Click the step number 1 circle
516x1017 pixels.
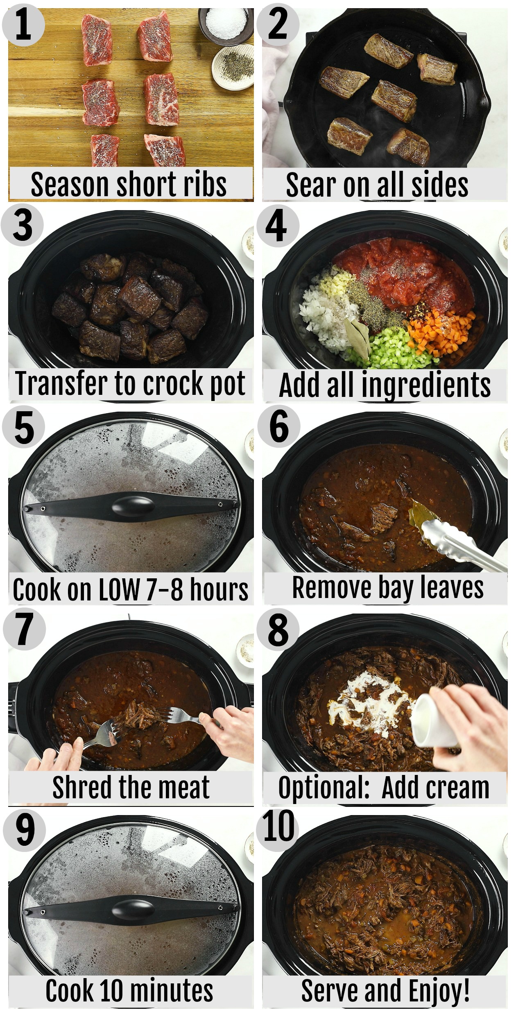(23, 25)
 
